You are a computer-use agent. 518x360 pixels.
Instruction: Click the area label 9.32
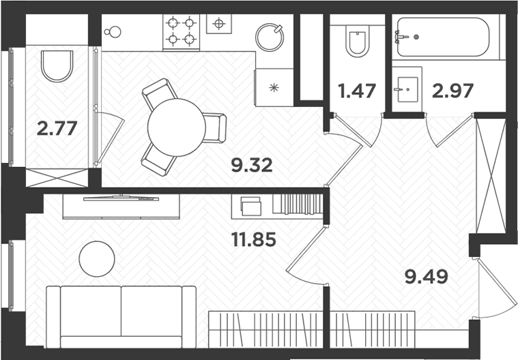point(252,165)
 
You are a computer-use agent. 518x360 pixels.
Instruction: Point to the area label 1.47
point(358,90)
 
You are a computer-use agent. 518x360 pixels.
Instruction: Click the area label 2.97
point(453,90)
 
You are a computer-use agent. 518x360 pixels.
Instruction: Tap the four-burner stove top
point(181,31)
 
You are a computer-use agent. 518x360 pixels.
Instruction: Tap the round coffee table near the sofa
point(97,260)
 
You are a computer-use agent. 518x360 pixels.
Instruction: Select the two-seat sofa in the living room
point(121,314)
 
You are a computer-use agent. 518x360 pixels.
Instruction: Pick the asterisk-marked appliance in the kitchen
point(274,87)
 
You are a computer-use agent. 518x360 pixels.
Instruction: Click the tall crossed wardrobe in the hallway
point(491,176)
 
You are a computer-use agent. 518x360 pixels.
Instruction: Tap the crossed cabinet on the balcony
point(57,178)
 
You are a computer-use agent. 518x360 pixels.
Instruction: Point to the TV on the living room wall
point(121,198)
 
